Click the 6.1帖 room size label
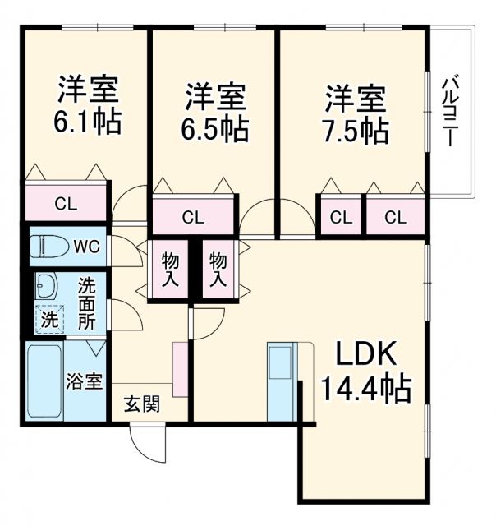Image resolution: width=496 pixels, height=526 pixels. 87,122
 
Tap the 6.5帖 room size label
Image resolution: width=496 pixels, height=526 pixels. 214,128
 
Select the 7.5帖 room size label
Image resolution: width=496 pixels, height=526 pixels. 355,128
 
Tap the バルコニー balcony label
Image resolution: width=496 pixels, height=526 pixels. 450,111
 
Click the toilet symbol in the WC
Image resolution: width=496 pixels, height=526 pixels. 48,246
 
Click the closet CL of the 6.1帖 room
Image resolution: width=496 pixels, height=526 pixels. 66,202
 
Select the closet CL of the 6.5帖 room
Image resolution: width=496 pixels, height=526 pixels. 194,218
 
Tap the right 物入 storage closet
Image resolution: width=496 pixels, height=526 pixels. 218,269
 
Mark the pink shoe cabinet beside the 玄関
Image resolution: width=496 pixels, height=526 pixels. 180,367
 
